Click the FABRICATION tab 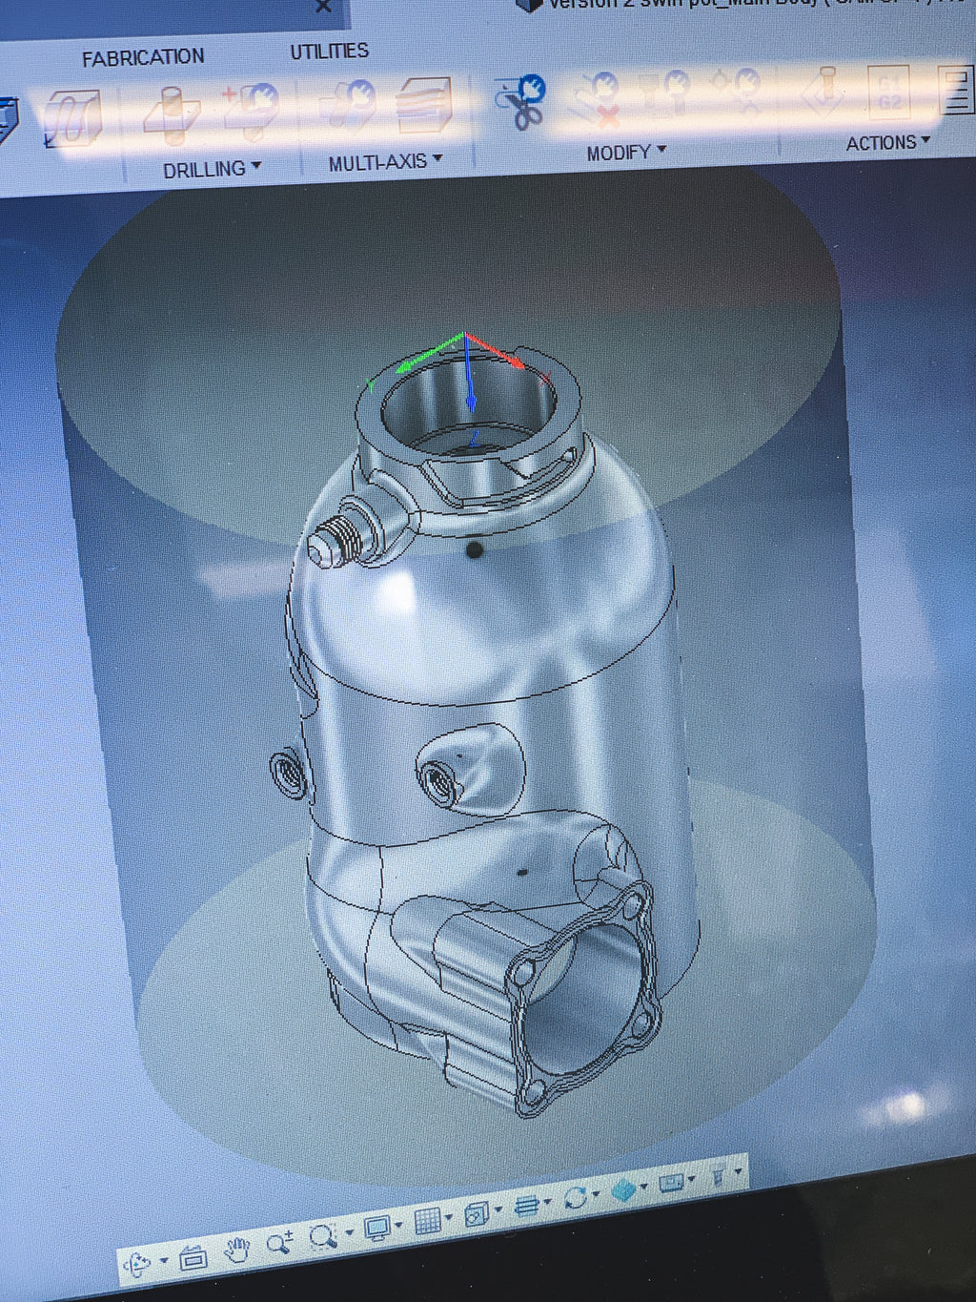click(143, 58)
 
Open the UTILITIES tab click(329, 52)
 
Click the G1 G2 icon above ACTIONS click(888, 93)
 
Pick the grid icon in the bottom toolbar click(428, 1220)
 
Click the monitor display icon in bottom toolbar click(377, 1228)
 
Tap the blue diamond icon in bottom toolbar click(624, 1189)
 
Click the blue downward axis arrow click(471, 401)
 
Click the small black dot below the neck click(474, 550)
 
